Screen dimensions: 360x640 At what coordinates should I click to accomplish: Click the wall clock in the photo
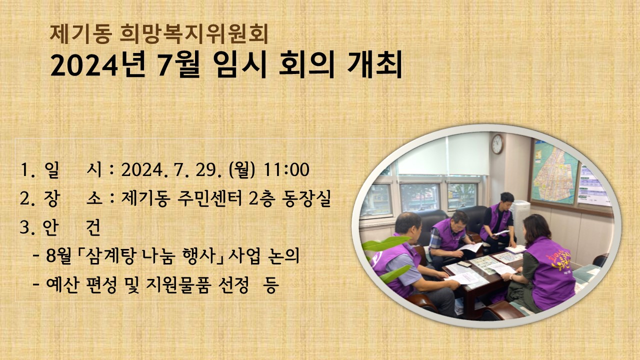tap(496, 144)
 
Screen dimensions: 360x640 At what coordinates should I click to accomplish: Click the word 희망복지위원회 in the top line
tap(195, 33)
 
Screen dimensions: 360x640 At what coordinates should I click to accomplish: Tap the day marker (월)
tap(241, 170)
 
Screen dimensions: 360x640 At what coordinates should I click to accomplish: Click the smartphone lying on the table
tap(465, 263)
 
